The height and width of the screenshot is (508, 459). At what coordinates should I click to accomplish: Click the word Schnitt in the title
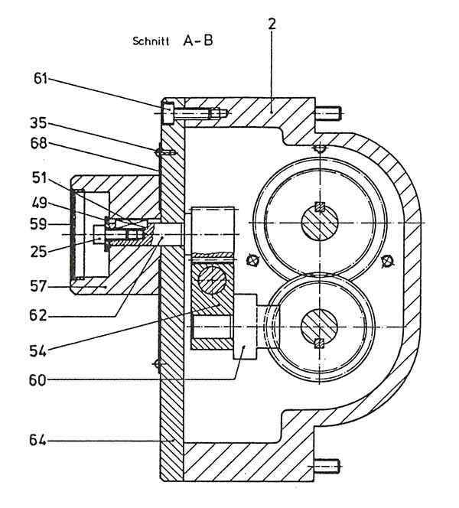151,41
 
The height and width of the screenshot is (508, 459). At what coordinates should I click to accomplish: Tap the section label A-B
198,41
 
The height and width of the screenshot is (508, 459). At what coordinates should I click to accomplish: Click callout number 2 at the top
272,24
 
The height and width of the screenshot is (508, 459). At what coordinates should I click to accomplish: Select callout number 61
41,79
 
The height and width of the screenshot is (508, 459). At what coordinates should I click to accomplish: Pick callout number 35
38,123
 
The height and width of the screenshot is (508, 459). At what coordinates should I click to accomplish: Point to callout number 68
38,144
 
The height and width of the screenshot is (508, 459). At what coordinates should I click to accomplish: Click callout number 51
39,177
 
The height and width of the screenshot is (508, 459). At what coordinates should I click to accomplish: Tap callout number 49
39,204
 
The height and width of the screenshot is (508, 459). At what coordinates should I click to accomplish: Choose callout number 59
38,224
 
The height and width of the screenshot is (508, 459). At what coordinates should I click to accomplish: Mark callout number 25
38,252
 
